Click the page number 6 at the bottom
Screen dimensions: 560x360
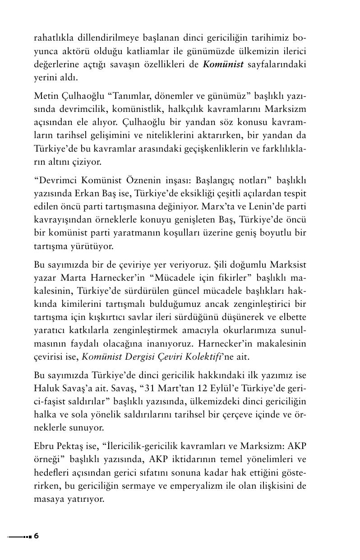(36, 536)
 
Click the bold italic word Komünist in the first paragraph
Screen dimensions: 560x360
(223, 64)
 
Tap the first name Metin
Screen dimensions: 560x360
(45, 97)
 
